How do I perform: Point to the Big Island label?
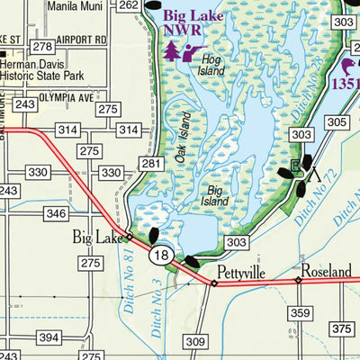[216, 195]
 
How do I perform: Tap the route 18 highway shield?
[161, 256]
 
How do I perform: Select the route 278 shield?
[40, 45]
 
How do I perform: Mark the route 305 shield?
[337, 122]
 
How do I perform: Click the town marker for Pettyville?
[214, 283]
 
